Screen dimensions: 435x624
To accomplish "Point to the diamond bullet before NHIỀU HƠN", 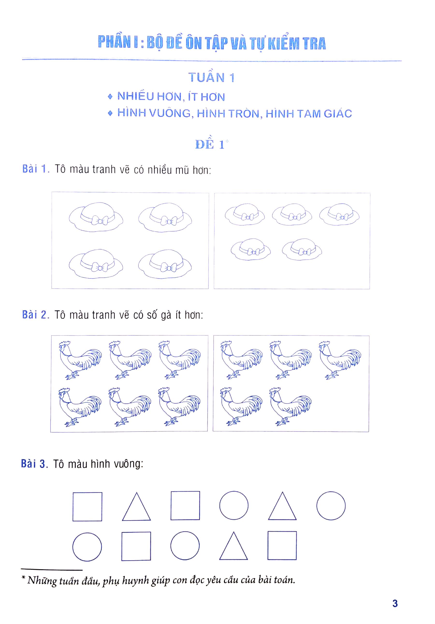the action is [x=110, y=97].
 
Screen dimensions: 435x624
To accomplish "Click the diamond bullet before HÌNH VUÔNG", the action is [x=110, y=113].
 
